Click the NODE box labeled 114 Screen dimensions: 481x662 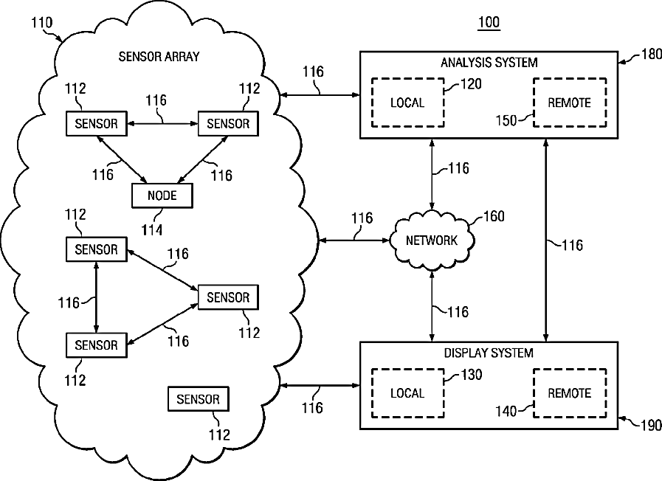162,195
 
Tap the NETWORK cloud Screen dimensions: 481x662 432,240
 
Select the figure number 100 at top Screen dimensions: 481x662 489,23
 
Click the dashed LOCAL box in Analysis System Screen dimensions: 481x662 407,103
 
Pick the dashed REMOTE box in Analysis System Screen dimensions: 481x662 569,103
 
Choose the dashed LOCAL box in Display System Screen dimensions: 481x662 407,393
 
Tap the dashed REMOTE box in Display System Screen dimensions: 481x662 569,393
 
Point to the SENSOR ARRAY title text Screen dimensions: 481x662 159,56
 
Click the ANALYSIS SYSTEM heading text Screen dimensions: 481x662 489,63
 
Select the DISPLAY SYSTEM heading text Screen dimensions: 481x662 489,353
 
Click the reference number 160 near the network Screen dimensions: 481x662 494,218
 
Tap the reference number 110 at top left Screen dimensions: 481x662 41,23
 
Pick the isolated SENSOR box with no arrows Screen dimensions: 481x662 199,400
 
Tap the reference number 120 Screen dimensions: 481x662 471,84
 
